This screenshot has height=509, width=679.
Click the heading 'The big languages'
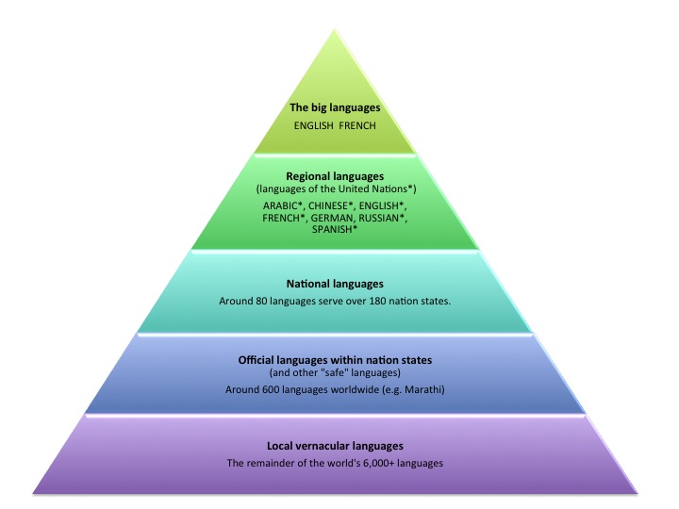335,107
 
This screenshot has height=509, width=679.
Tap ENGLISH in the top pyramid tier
313,126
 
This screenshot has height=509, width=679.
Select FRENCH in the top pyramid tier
357,126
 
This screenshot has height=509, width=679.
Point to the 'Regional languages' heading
335,176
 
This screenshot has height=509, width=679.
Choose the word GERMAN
332,218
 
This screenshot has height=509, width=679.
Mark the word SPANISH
335,229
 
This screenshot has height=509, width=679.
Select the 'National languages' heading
335,284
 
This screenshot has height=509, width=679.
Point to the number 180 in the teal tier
377,301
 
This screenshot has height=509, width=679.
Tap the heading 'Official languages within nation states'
335,360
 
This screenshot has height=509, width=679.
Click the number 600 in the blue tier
271,389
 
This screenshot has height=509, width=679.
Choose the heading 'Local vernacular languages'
335,446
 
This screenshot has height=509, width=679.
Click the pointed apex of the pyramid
335,29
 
